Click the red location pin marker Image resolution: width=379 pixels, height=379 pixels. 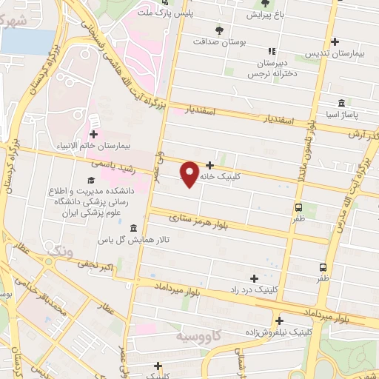pyautogui.click(x=190, y=173)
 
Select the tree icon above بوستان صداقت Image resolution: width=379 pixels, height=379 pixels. pyautogui.click(x=218, y=30)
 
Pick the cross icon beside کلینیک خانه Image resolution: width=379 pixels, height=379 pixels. pyautogui.click(x=210, y=166)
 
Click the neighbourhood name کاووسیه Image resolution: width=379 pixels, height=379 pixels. pyautogui.click(x=200, y=337)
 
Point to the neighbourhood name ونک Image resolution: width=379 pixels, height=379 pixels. pyautogui.click(x=61, y=252)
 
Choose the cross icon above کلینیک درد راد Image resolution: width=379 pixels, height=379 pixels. pyautogui.click(x=255, y=278)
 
